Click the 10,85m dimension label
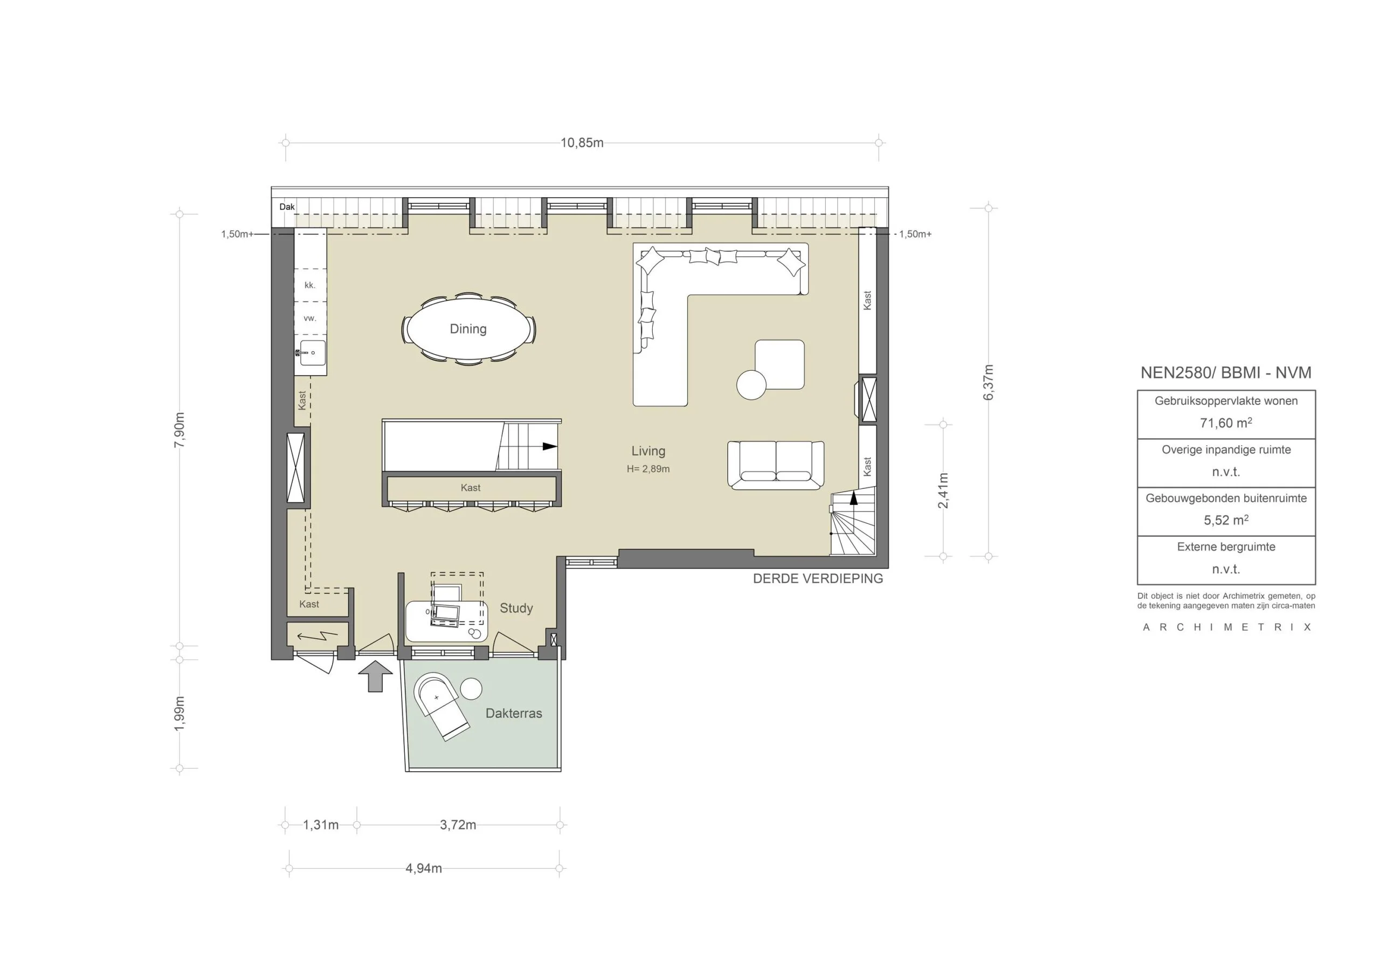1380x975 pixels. pos(582,143)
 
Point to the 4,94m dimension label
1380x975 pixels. pos(424,869)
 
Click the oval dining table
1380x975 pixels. pos(469,329)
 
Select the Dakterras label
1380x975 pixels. pos(514,714)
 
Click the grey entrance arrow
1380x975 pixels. pos(376,676)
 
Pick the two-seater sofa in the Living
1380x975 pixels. pos(776,465)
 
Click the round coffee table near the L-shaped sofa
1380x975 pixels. pos(751,385)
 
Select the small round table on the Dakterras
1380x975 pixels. pos(471,689)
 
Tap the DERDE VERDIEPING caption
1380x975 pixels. pos(818,578)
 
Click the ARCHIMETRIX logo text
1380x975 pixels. pos(1227,627)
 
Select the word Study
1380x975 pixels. pos(516,608)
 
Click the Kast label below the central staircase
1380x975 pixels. pos(471,487)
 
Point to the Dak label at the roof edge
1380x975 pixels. pos(287,207)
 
